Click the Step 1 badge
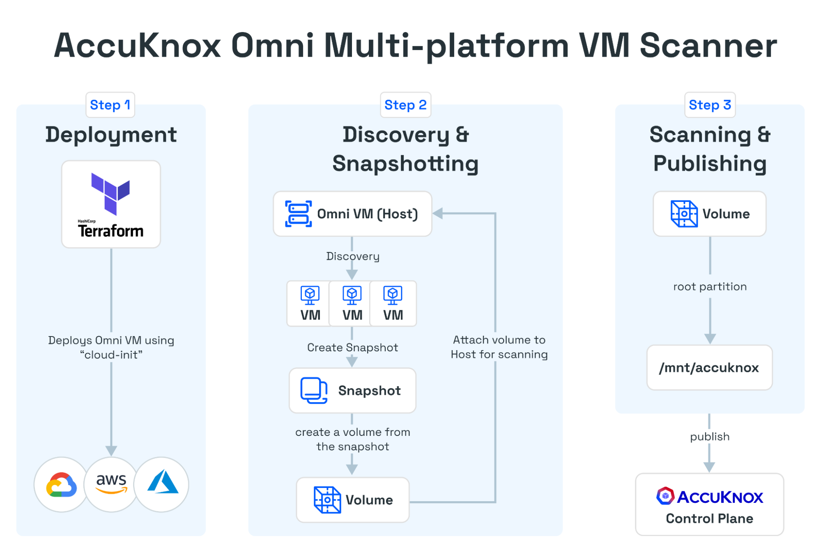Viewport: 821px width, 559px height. [110, 105]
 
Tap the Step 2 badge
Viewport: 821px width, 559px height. [405, 105]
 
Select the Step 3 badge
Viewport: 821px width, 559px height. [710, 105]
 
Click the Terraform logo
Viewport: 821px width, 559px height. [111, 204]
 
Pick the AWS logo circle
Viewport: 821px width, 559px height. [111, 484]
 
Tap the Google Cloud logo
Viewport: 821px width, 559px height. [62, 484]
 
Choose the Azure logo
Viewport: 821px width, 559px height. [162, 484]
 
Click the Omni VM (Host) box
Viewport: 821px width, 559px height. [352, 214]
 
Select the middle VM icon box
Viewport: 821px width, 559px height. [352, 304]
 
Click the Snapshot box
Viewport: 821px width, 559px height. [352, 390]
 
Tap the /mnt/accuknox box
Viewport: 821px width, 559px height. [709, 367]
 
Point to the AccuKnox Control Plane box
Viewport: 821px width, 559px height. [709, 504]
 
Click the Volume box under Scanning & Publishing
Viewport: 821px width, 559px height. [709, 214]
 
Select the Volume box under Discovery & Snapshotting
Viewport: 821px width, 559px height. [352, 499]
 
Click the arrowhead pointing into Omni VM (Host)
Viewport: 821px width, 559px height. [438, 213]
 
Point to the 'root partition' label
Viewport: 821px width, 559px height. [710, 286]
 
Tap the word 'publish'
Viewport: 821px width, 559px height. [710, 437]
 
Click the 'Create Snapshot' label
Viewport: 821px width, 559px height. [352, 348]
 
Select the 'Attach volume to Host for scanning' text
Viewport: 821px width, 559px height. [499, 347]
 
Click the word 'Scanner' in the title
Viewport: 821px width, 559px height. [708, 46]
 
